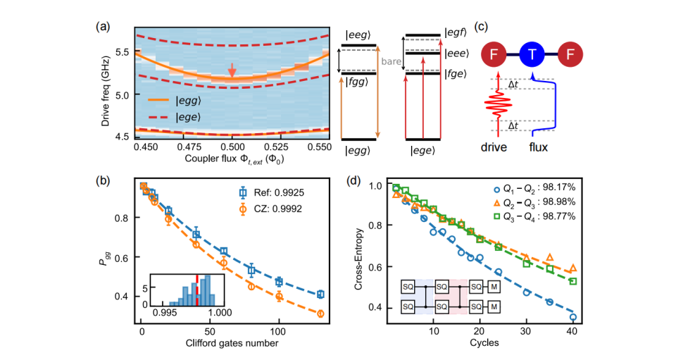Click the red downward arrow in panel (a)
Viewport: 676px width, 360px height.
tap(232, 69)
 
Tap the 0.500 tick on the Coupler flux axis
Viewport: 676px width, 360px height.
tap(232, 147)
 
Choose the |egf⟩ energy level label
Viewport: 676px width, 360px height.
tap(453, 32)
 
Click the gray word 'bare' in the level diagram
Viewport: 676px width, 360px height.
tap(392, 61)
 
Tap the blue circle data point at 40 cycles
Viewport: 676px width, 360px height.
tap(573, 318)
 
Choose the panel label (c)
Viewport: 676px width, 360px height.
tap(480, 27)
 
